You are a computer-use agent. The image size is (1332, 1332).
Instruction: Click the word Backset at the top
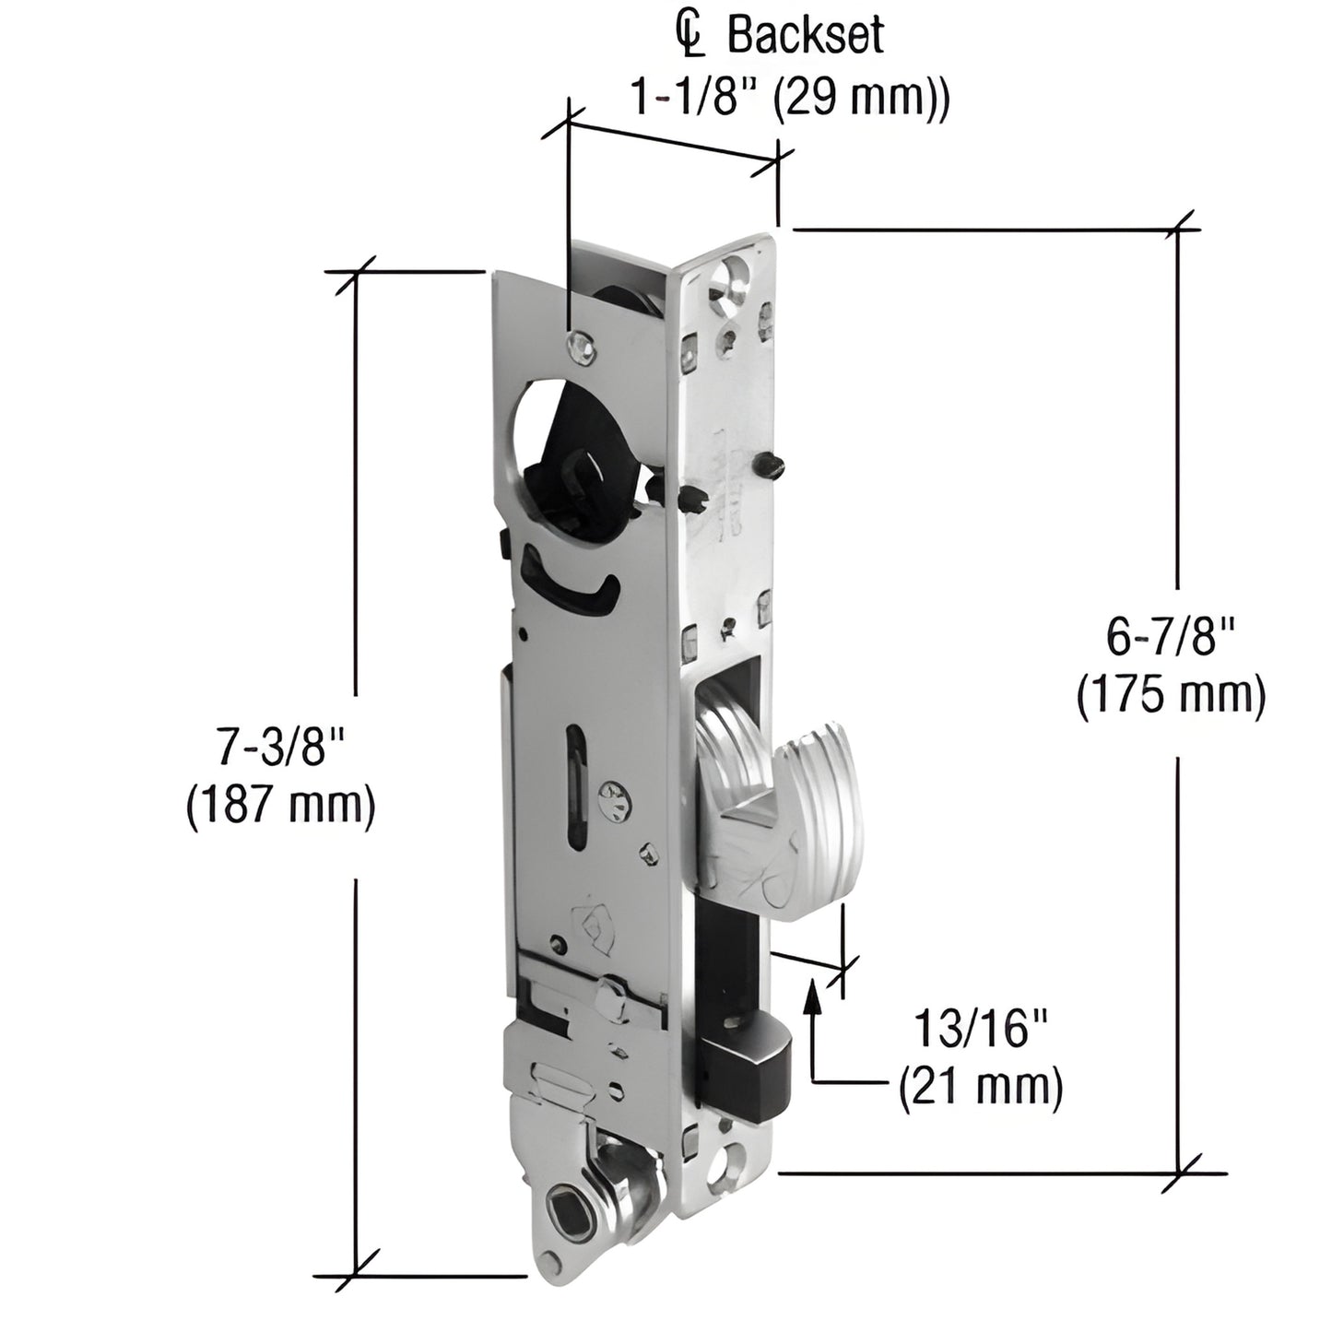[x=806, y=38]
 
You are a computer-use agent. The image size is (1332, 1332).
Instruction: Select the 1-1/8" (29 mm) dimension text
[x=789, y=96]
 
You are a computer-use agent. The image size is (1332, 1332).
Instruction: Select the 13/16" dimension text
[x=982, y=1029]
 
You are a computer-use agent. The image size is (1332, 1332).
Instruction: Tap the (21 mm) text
[x=981, y=1088]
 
